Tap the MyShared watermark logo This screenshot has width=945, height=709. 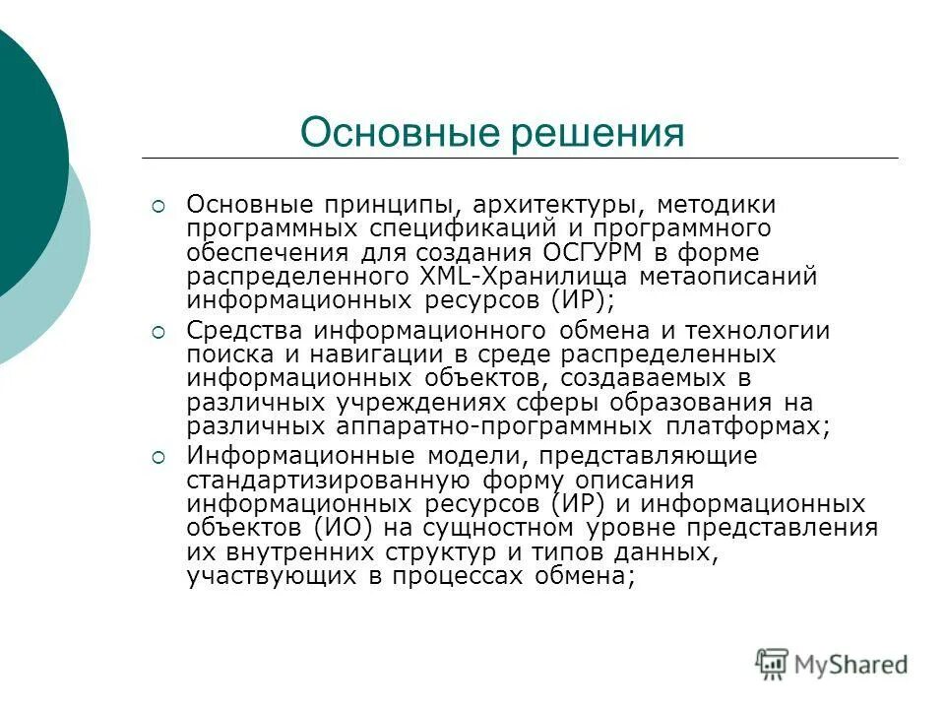tap(832, 664)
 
